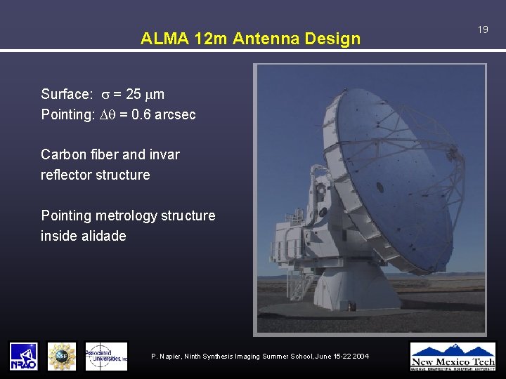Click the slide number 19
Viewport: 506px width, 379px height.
click(x=483, y=29)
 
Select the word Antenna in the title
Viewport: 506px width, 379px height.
click(x=269, y=39)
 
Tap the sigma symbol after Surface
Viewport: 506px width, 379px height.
click(x=103, y=95)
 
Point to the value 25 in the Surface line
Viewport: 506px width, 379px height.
click(x=134, y=95)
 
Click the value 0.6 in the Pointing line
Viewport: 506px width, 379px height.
click(x=141, y=114)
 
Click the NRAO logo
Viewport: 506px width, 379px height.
click(x=23, y=356)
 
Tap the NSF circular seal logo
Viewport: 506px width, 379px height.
click(x=61, y=356)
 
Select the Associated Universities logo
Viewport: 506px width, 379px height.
click(x=106, y=356)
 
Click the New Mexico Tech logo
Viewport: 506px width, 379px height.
click(x=453, y=356)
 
